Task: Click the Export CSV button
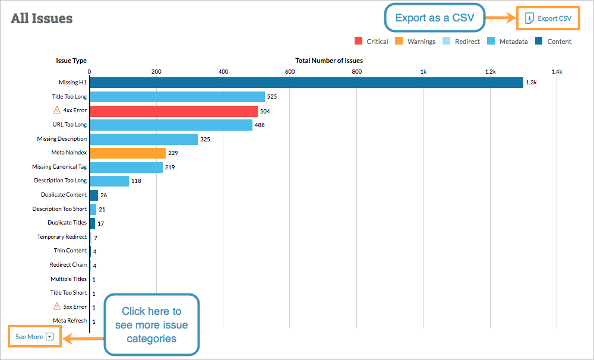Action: pyautogui.click(x=548, y=18)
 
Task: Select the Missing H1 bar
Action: pyautogui.click(x=306, y=83)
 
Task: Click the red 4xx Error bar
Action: pyautogui.click(x=173, y=111)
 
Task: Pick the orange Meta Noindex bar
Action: pyautogui.click(x=128, y=153)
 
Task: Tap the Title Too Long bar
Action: pyautogui.click(x=177, y=96)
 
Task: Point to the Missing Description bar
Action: pyautogui.click(x=143, y=139)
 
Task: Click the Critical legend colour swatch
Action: pyautogui.click(x=358, y=42)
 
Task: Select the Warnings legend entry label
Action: pyautogui.click(x=421, y=42)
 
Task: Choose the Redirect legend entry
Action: pyautogui.click(x=467, y=42)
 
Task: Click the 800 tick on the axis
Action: pyautogui.click(x=356, y=72)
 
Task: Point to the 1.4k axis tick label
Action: pyautogui.click(x=557, y=72)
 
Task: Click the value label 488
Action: pyautogui.click(x=260, y=125)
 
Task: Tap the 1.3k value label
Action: pyautogui.click(x=531, y=83)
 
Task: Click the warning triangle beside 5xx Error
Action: pyautogui.click(x=57, y=307)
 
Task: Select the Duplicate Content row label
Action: pyautogui.click(x=64, y=195)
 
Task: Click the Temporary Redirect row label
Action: pyautogui.click(x=62, y=237)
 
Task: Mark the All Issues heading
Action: pyautogui.click(x=42, y=18)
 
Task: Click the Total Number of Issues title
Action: pyautogui.click(x=328, y=61)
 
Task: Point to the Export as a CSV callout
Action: pyautogui.click(x=434, y=18)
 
